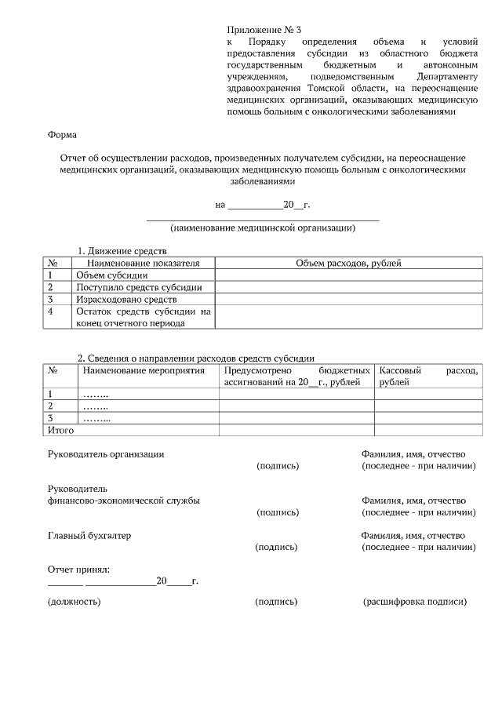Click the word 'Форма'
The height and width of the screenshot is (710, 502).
point(62,134)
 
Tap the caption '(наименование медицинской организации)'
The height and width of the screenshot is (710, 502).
point(263,228)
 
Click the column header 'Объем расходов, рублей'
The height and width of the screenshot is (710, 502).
point(348,264)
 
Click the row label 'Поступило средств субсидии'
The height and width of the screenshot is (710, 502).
point(139,287)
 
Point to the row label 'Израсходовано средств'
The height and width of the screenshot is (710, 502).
point(126,300)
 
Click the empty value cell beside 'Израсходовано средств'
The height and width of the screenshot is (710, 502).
point(348,300)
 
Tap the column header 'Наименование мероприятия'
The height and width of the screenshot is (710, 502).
point(144,370)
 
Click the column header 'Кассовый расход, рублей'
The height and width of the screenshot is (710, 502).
point(427,376)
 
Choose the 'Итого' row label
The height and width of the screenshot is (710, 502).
point(61,430)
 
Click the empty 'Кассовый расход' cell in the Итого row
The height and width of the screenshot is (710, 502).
point(427,430)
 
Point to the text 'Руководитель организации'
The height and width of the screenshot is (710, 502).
point(106,454)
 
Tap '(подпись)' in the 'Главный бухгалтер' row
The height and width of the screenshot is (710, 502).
point(277,547)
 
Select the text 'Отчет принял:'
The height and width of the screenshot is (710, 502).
point(78,569)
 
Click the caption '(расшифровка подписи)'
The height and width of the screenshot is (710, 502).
point(415,602)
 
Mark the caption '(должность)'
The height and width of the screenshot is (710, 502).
point(75,602)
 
